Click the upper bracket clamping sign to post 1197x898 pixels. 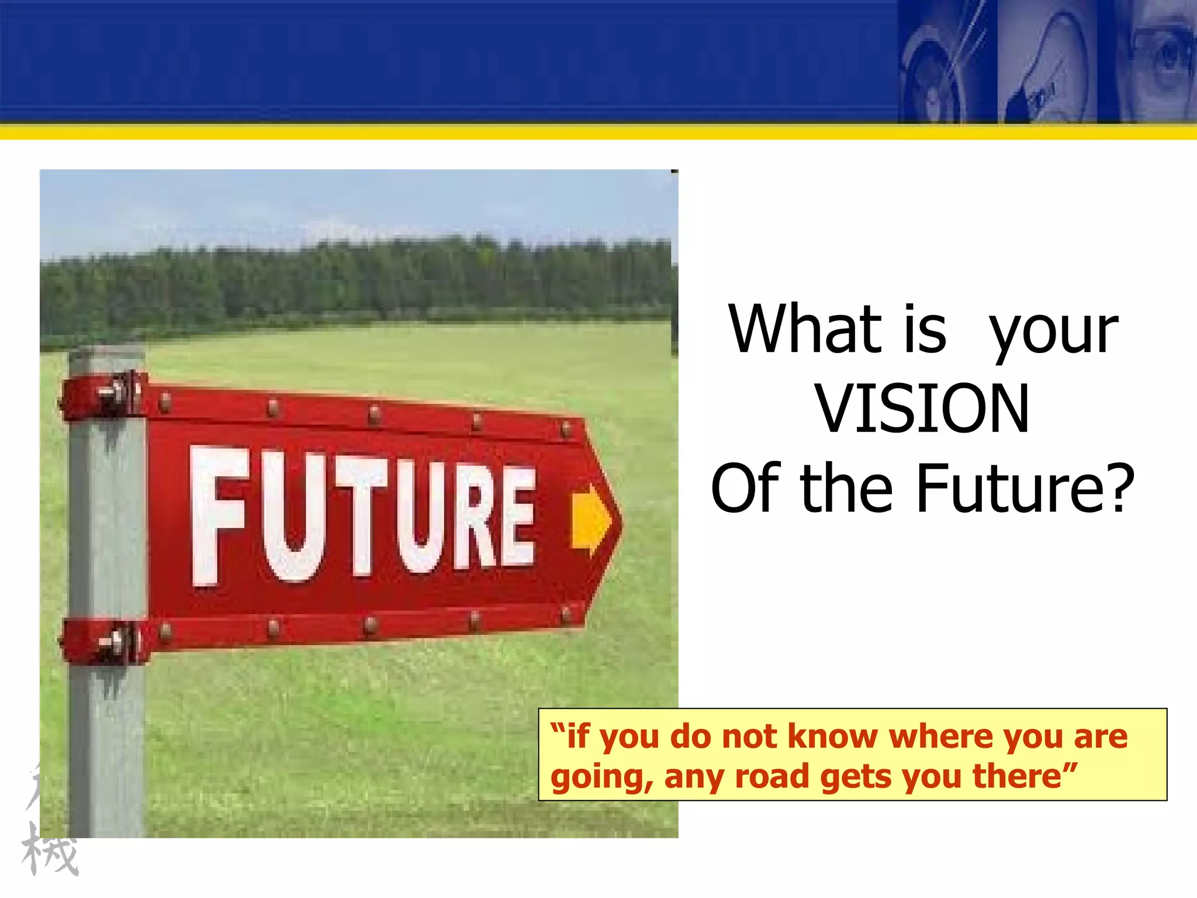(103, 396)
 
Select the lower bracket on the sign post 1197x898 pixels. (103, 642)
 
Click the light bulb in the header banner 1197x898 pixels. (1046, 58)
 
